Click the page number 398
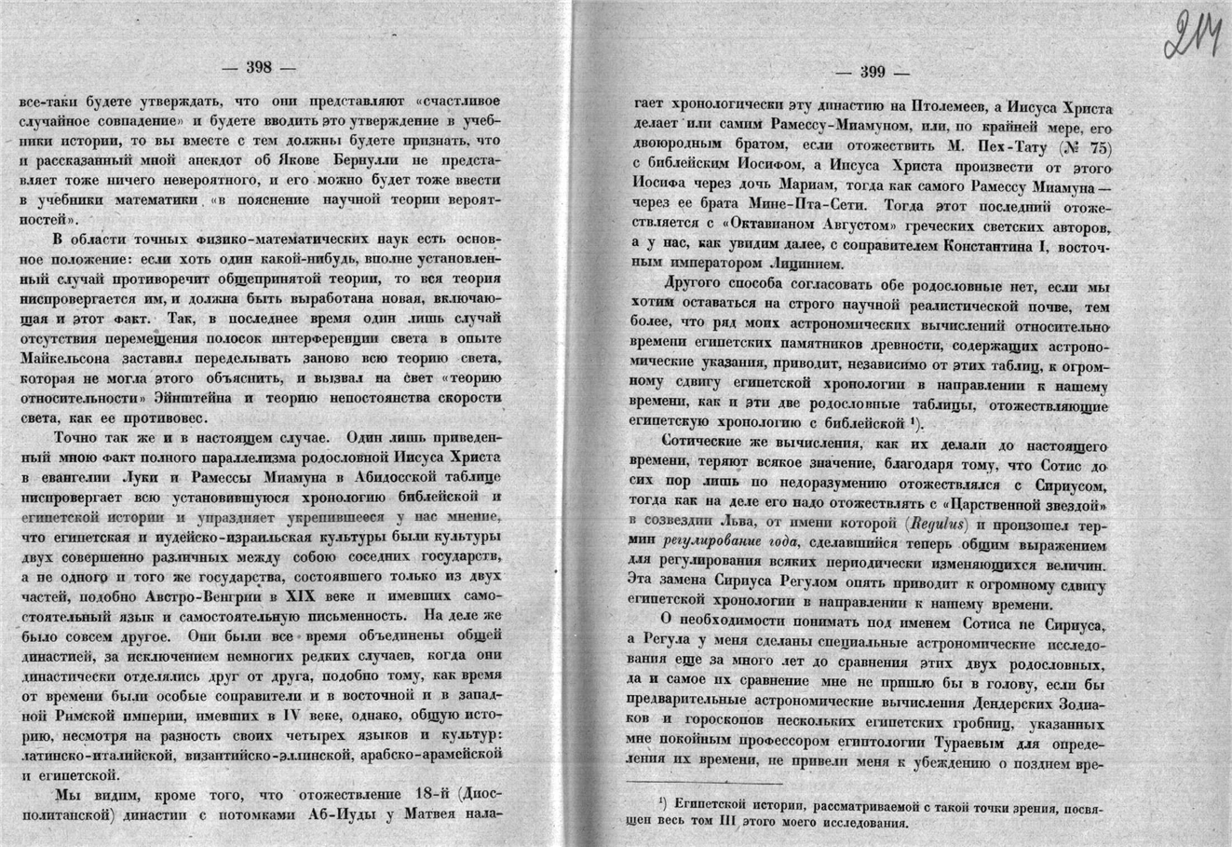257,66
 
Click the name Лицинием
806,266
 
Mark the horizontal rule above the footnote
680,782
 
